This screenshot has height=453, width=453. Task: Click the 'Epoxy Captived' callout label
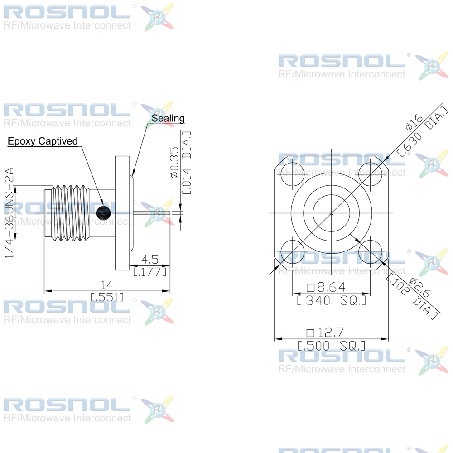(x=43, y=141)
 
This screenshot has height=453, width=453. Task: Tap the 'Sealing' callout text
(x=168, y=118)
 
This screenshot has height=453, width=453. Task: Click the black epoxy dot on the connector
(x=103, y=213)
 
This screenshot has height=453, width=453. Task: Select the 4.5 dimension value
(x=149, y=260)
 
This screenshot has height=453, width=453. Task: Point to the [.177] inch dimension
(x=149, y=271)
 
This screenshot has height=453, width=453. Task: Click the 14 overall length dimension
(x=106, y=285)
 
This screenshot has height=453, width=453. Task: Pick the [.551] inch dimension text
(x=107, y=297)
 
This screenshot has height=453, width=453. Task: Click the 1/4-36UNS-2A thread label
(x=9, y=212)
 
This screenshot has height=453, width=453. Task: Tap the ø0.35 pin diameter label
(x=175, y=163)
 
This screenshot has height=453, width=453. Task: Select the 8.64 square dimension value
(x=326, y=287)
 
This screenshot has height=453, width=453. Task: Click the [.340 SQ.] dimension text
(x=332, y=300)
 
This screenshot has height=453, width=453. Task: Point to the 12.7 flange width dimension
(x=325, y=333)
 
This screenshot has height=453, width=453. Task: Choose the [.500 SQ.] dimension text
(x=332, y=346)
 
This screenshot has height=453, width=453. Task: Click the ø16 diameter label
(x=414, y=122)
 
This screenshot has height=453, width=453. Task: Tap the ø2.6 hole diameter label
(x=420, y=288)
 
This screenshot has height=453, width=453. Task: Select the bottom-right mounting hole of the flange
(x=371, y=252)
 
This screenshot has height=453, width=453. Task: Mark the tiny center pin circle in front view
(x=332, y=213)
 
